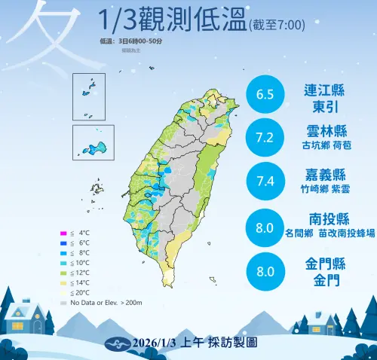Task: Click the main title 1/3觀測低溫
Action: pos(173,20)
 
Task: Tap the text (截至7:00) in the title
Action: pos(276,25)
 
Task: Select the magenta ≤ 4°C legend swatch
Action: pos(63,233)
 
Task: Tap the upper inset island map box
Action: pos(88,97)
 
